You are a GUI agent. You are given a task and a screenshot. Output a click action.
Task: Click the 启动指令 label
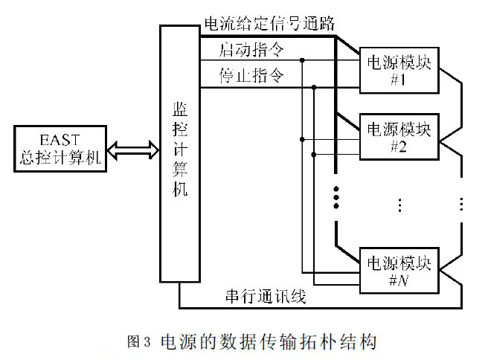pos(251,51)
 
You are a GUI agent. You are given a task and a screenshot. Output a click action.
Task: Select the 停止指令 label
pos(251,77)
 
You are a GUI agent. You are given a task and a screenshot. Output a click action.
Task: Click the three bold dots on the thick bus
pos(335,196)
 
